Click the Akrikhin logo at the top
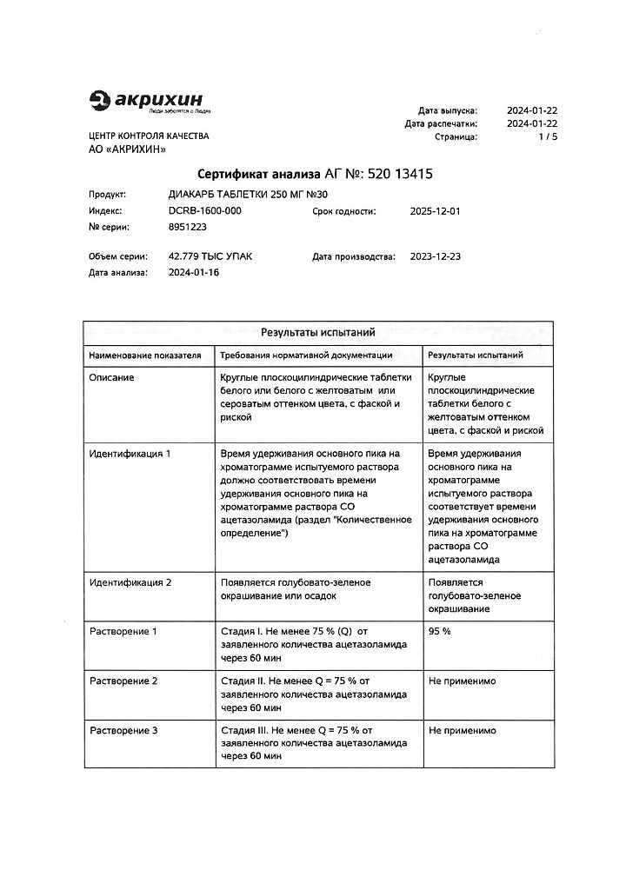tap(150, 102)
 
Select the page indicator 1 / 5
tap(548, 137)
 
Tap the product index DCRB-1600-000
tap(205, 211)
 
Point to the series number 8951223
tap(187, 227)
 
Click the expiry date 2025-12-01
tap(435, 211)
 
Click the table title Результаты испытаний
tap(317, 332)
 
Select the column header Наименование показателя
tap(145, 355)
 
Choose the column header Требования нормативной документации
tap(306, 355)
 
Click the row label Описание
tap(112, 377)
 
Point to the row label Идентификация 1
tap(130, 454)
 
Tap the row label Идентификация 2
tap(130, 582)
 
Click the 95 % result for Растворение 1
tap(440, 631)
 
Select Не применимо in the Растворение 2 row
tap(463, 681)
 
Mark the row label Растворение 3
tap(123, 730)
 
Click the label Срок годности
tap(344, 211)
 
